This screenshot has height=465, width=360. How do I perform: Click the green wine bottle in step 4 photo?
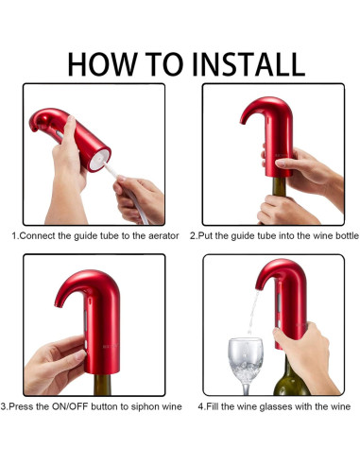pyautogui.click(x=289, y=378)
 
